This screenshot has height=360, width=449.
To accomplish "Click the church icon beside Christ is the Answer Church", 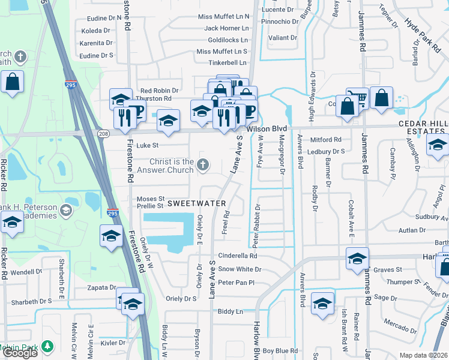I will click(203, 164).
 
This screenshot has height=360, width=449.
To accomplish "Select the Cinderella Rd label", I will click(238, 256).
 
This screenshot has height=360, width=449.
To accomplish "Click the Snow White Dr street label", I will click(238, 269).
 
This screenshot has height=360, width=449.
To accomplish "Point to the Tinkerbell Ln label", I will click(228, 63).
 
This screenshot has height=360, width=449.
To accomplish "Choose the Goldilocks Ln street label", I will click(228, 40).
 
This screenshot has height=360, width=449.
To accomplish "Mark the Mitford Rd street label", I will click(325, 140).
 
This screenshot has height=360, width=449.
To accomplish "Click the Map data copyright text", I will click(424, 355).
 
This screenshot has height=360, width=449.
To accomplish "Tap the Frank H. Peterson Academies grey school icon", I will click(65, 211).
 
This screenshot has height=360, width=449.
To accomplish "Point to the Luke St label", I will click(148, 145).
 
